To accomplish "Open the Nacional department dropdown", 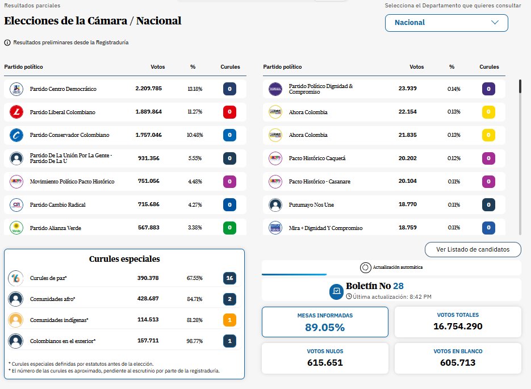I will (446, 23).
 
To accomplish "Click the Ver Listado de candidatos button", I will (473, 249).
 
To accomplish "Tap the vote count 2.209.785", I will (148, 89).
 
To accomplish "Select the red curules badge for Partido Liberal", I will (230, 112).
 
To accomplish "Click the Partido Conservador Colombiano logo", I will (16, 135).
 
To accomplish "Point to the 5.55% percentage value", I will (195, 159).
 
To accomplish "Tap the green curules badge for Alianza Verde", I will (230, 228).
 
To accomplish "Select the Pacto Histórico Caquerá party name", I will (317, 158).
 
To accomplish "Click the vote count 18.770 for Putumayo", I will (408, 205).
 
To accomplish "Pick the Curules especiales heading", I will (124, 259).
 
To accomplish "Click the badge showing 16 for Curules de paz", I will (229, 278).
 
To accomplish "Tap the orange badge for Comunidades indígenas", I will (229, 320).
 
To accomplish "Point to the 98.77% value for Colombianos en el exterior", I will (195, 341).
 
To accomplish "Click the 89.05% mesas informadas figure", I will (324, 328).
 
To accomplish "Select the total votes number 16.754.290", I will (458, 326).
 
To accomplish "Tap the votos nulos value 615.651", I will (324, 362).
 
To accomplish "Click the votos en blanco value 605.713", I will (458, 362).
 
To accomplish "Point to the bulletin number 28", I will (398, 286).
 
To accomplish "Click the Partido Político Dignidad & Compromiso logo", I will (275, 89).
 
